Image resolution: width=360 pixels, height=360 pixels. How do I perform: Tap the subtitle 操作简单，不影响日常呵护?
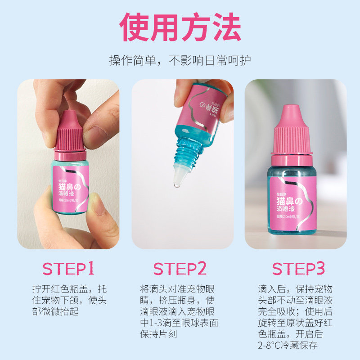click(180, 60)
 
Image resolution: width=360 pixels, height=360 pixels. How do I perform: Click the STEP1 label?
click(68, 269)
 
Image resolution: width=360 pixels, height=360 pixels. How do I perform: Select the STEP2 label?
click(180, 269)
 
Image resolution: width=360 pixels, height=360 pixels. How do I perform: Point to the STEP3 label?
click(298, 269)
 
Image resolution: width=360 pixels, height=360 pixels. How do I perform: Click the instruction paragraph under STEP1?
click(69, 300)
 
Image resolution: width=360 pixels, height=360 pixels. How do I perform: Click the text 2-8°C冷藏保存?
click(288, 346)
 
